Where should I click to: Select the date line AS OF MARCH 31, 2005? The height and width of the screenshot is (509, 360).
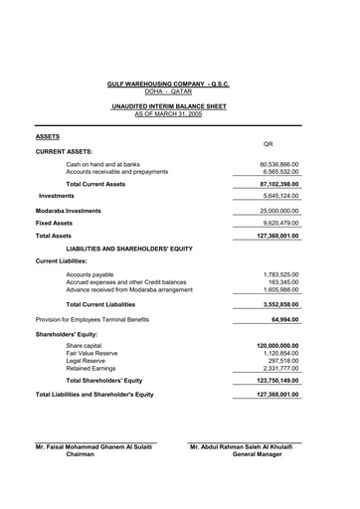(x=180, y=114)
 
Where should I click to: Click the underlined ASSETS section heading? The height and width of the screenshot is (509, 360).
(x=48, y=135)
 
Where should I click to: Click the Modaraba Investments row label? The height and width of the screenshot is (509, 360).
(x=69, y=211)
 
